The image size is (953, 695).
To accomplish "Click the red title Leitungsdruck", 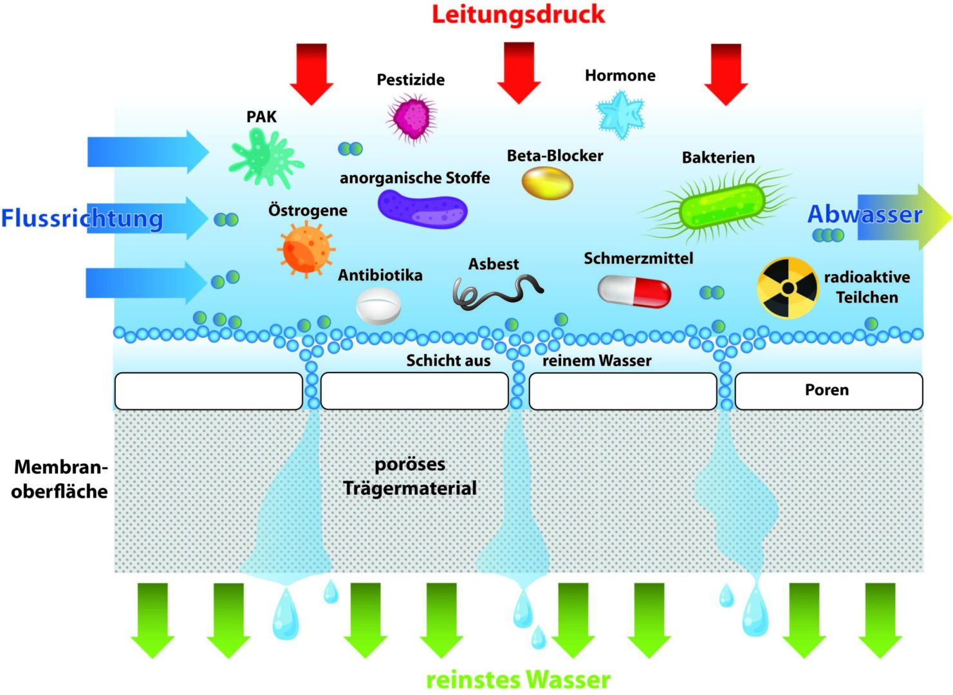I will click(518, 14).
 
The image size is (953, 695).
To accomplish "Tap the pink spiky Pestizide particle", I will click(412, 117).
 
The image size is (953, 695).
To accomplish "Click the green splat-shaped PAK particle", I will click(264, 157).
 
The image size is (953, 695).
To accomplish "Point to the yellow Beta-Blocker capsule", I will click(547, 183).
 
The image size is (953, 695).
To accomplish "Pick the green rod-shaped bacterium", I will click(721, 205).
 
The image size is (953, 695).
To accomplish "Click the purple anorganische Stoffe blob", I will click(422, 208).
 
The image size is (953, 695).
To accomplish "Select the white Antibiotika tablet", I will click(378, 305).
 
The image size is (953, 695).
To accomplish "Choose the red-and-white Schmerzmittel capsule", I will click(634, 291).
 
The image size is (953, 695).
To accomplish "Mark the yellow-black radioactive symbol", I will click(787, 288).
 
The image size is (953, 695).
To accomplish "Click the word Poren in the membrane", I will click(827, 390).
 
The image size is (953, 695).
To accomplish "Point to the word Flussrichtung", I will click(82, 218).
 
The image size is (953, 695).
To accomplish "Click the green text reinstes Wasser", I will click(518, 680).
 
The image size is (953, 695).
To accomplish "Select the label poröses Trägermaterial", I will click(410, 476).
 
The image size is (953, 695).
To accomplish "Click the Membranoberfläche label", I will click(59, 479).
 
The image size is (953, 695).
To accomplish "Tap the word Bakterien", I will click(718, 158).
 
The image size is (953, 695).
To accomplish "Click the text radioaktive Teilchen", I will click(867, 287).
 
